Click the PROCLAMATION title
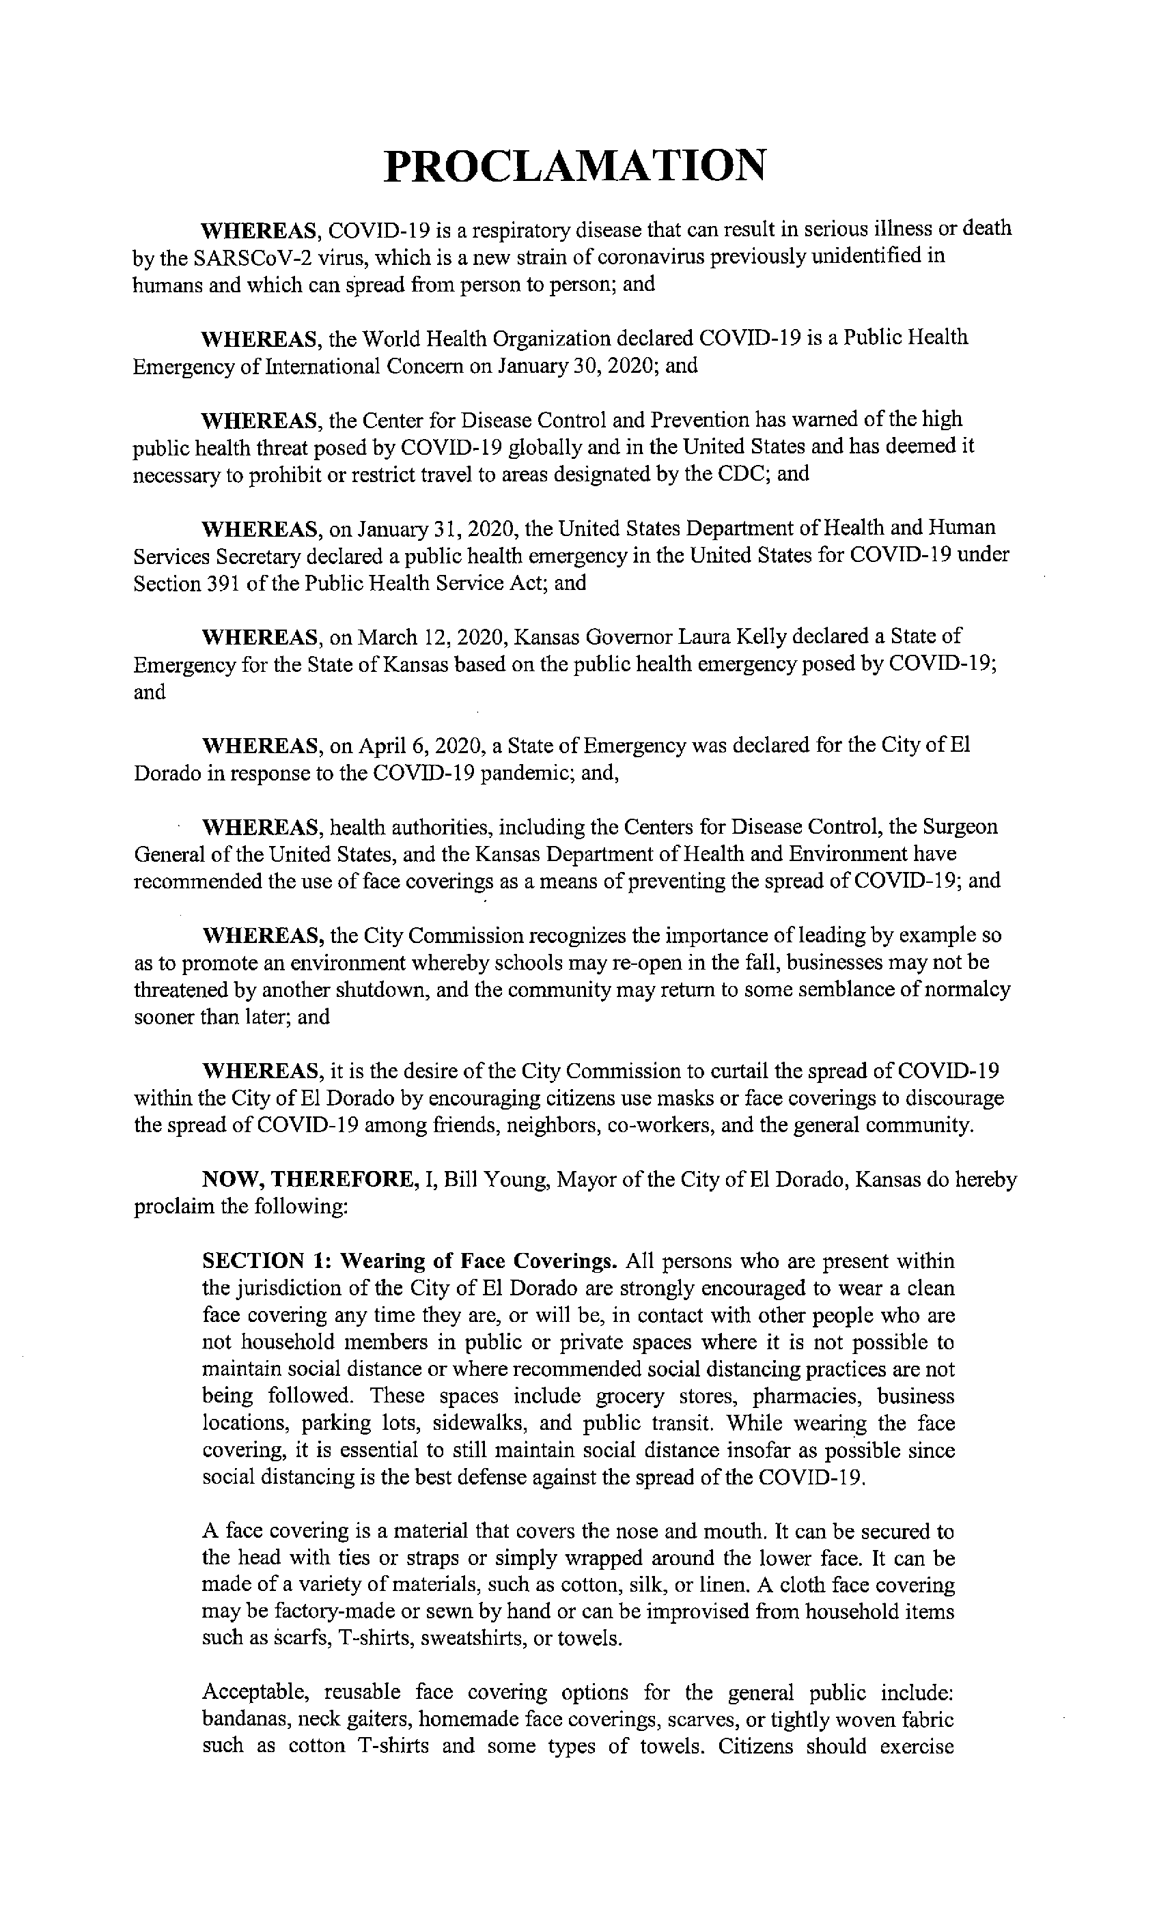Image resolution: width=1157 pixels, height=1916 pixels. [575, 166]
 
